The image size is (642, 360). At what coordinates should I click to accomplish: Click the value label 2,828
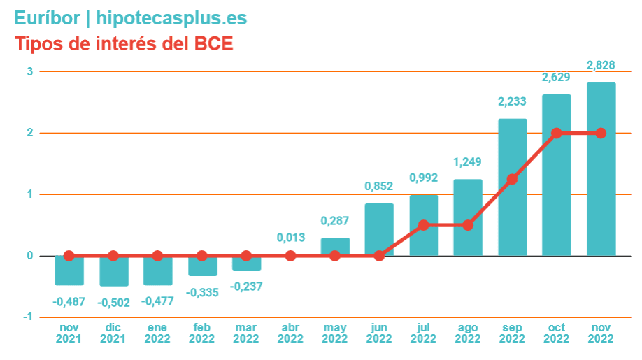click(601, 66)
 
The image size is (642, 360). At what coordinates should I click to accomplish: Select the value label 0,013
click(290, 238)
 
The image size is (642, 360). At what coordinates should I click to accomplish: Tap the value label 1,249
click(468, 162)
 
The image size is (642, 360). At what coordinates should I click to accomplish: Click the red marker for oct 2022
click(557, 133)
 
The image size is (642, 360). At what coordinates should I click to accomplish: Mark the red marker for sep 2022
click(513, 179)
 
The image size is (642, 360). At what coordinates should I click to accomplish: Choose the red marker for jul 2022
click(424, 225)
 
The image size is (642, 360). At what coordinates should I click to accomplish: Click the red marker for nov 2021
click(69, 256)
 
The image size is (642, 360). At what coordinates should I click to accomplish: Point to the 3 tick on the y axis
click(30, 71)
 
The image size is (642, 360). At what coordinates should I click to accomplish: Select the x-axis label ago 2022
click(468, 333)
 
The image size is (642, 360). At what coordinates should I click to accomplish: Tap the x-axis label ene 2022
click(157, 333)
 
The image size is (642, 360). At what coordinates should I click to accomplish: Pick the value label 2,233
click(513, 101)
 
